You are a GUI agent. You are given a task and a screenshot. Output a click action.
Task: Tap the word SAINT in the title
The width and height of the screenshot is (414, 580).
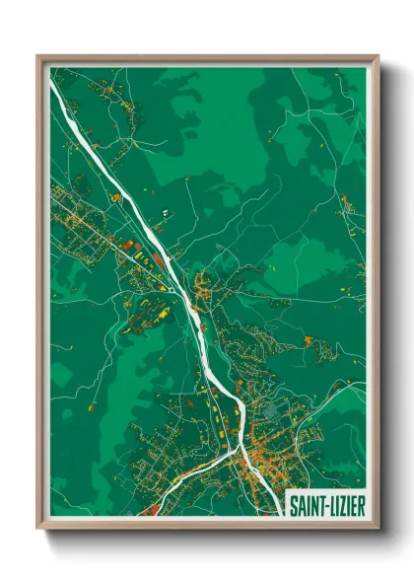[x=305, y=504]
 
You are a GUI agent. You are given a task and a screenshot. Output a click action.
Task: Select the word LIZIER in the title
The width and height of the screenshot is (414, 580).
[x=343, y=504]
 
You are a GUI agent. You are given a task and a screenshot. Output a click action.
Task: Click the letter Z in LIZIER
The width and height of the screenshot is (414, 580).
[x=341, y=504]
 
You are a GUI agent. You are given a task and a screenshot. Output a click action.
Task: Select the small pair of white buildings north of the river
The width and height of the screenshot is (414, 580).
[x=165, y=212]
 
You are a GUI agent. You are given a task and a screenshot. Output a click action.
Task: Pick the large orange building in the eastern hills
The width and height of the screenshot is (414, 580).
[x=309, y=340]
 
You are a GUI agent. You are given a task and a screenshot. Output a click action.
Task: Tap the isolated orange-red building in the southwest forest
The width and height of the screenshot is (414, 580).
[x=91, y=406]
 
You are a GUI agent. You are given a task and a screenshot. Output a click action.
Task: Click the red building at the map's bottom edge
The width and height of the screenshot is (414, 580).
[x=149, y=510]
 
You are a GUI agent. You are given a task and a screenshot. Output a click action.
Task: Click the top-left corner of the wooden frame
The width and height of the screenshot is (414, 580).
[x=38, y=57]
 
